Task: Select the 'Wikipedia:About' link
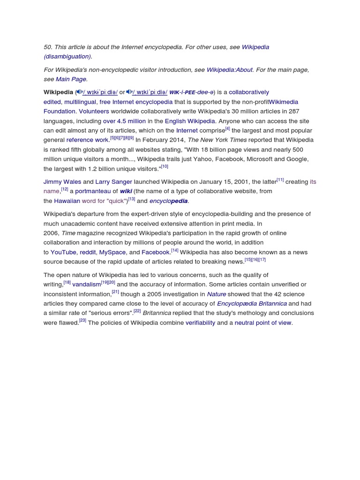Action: coord(230,70)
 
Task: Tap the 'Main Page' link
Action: coord(71,79)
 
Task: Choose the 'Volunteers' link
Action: coord(94,112)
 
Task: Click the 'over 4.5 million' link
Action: coord(124,121)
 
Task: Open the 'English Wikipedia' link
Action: coord(190,121)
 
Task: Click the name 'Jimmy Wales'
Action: coord(62,182)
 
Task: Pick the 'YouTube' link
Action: coord(63,252)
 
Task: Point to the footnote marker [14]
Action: coord(174,250)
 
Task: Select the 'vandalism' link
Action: coord(86,285)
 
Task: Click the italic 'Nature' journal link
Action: coord(217,294)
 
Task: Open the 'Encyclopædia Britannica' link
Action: coord(252,304)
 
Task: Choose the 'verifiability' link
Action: coord(200,323)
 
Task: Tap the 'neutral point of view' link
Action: coord(263,323)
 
